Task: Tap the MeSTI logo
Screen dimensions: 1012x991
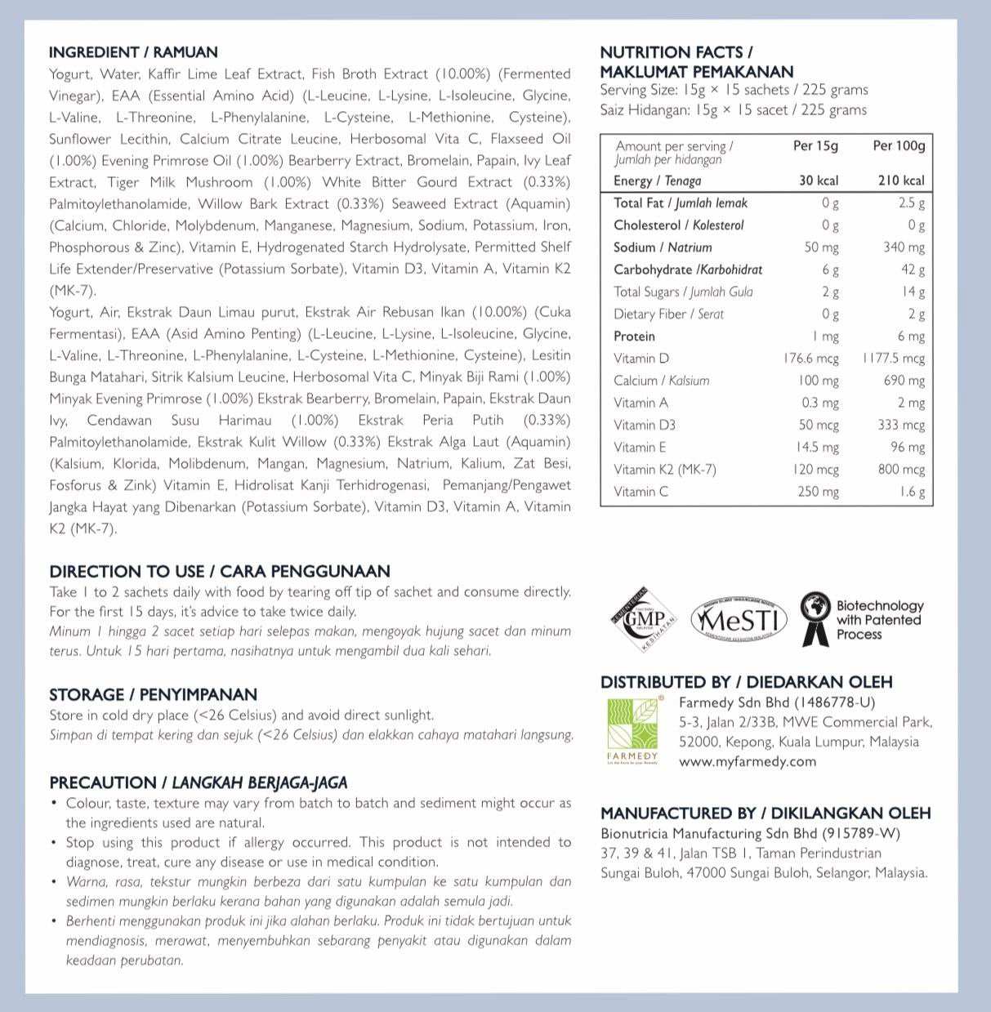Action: (x=739, y=621)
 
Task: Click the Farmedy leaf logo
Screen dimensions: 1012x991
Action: (x=632, y=729)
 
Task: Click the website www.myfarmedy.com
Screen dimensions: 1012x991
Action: (x=748, y=761)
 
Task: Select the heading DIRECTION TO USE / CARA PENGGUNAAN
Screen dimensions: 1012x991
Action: (x=220, y=571)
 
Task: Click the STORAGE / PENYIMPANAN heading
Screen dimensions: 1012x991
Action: (x=153, y=694)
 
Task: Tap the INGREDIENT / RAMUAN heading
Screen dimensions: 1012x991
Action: (x=133, y=52)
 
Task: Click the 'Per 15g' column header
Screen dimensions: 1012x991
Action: (x=815, y=146)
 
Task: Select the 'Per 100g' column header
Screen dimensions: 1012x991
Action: (x=899, y=146)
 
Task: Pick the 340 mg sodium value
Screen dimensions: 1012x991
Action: (x=904, y=247)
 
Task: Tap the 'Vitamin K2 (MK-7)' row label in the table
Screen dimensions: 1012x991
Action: (x=665, y=470)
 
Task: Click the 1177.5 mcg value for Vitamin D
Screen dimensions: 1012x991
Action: (x=894, y=359)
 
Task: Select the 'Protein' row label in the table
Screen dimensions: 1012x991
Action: (x=634, y=337)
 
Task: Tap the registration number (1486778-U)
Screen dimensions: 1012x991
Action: (x=837, y=702)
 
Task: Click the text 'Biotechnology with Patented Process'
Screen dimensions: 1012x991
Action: (x=879, y=620)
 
